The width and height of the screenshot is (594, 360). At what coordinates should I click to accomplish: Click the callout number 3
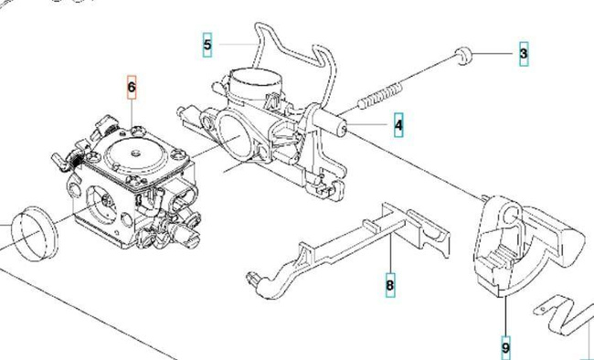tap(523, 54)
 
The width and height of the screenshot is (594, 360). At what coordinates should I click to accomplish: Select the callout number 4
tap(398, 123)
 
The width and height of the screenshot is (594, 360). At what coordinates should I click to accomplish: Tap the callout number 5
tap(207, 43)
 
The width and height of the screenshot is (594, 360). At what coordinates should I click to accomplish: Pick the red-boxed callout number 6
tap(132, 88)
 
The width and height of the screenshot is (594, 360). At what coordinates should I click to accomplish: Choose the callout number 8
tap(390, 285)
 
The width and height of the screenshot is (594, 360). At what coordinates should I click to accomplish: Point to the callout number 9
tap(505, 346)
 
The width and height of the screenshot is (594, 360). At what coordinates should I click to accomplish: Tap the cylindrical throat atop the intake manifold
tap(251, 85)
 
